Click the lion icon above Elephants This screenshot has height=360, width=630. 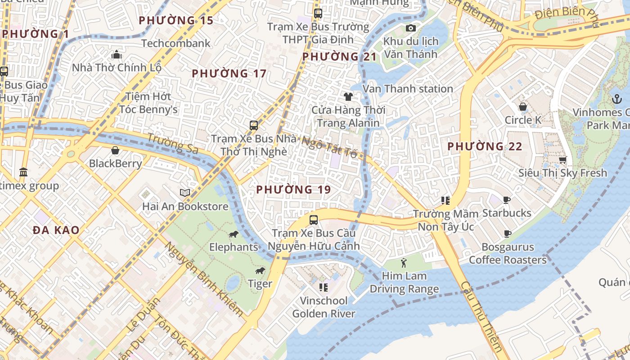(233, 234)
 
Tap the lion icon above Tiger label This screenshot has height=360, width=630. (260, 270)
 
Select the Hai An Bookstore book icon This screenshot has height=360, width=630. (184, 193)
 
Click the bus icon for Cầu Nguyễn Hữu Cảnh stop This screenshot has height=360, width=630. (314, 220)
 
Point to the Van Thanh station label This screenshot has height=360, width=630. (408, 89)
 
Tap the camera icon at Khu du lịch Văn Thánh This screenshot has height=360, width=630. (410, 28)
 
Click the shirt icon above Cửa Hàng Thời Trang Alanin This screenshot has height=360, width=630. (348, 96)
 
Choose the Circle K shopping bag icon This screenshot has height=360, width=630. (523, 107)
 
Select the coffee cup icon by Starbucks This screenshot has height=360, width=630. (507, 200)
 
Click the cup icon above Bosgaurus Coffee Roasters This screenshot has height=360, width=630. (508, 234)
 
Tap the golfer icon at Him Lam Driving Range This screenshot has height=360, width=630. (404, 262)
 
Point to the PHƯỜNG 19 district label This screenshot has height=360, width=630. (293, 190)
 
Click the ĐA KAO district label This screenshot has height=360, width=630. (56, 230)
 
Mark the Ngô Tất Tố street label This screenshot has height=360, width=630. (329, 147)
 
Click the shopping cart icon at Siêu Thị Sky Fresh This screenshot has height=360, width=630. (562, 160)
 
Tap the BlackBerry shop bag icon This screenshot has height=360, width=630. (115, 150)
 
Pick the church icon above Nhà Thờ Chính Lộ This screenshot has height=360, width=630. (117, 54)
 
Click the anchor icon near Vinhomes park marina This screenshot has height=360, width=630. (616, 99)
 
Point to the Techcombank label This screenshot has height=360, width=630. (176, 43)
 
